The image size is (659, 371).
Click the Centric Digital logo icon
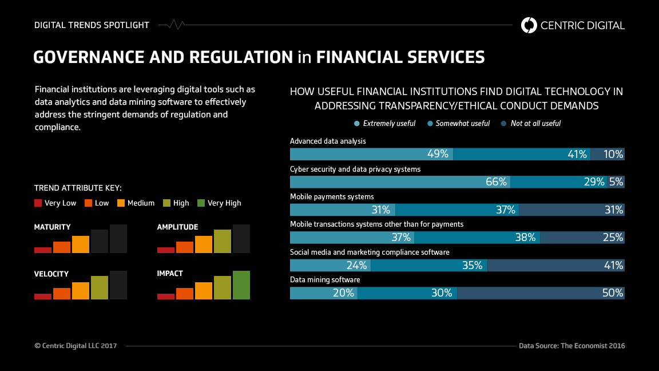(x=529, y=25)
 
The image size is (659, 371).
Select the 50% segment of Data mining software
(x=541, y=293)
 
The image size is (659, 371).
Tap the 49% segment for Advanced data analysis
(x=371, y=154)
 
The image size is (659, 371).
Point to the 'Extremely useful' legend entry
(x=385, y=123)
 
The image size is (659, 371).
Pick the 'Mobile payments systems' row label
(x=332, y=197)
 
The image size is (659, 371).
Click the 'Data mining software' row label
(x=325, y=280)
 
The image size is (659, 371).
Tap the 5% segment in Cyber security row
(x=616, y=182)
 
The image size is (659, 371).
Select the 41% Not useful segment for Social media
(x=555, y=265)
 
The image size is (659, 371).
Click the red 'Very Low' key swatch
(x=38, y=203)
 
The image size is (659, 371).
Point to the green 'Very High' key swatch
(x=201, y=203)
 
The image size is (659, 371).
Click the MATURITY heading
(x=53, y=227)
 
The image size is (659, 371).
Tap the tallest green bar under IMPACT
(x=241, y=285)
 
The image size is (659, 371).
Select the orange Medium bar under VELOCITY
(x=81, y=291)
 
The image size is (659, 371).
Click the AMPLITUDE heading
(x=177, y=227)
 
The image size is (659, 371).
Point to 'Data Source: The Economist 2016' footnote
(x=571, y=346)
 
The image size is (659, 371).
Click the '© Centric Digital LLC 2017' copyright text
(x=76, y=346)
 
